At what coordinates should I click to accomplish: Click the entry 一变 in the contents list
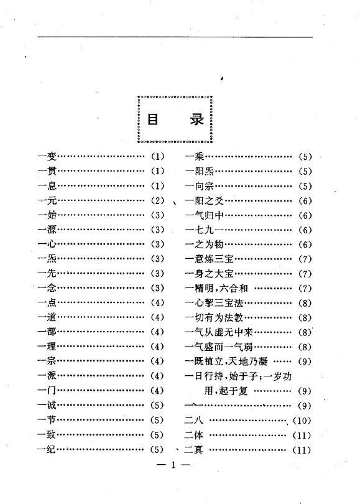click(x=47, y=157)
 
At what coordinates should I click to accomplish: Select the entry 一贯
click(x=47, y=171)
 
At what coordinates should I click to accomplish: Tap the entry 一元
click(x=47, y=200)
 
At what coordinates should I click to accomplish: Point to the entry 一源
click(x=47, y=230)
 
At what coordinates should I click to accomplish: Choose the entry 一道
click(x=47, y=317)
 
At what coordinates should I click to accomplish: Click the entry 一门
click(x=47, y=391)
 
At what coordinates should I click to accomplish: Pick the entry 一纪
click(x=47, y=449)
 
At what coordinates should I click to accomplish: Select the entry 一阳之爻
click(x=204, y=200)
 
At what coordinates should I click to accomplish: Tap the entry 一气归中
click(x=204, y=215)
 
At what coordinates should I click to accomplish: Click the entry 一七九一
click(x=204, y=230)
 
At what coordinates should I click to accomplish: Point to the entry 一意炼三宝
click(x=210, y=259)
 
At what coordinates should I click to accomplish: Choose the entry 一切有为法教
click(x=215, y=317)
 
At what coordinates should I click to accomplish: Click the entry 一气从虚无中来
click(x=219, y=332)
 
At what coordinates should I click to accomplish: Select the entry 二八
click(x=193, y=420)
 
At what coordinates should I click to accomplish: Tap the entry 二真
click(x=193, y=449)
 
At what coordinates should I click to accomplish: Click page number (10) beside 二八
click(x=302, y=421)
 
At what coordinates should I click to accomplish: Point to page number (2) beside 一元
click(x=158, y=200)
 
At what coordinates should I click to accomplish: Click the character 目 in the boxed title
click(x=153, y=119)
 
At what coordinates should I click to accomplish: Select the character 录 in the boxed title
click(x=196, y=119)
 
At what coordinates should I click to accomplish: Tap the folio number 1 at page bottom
click(x=173, y=465)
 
